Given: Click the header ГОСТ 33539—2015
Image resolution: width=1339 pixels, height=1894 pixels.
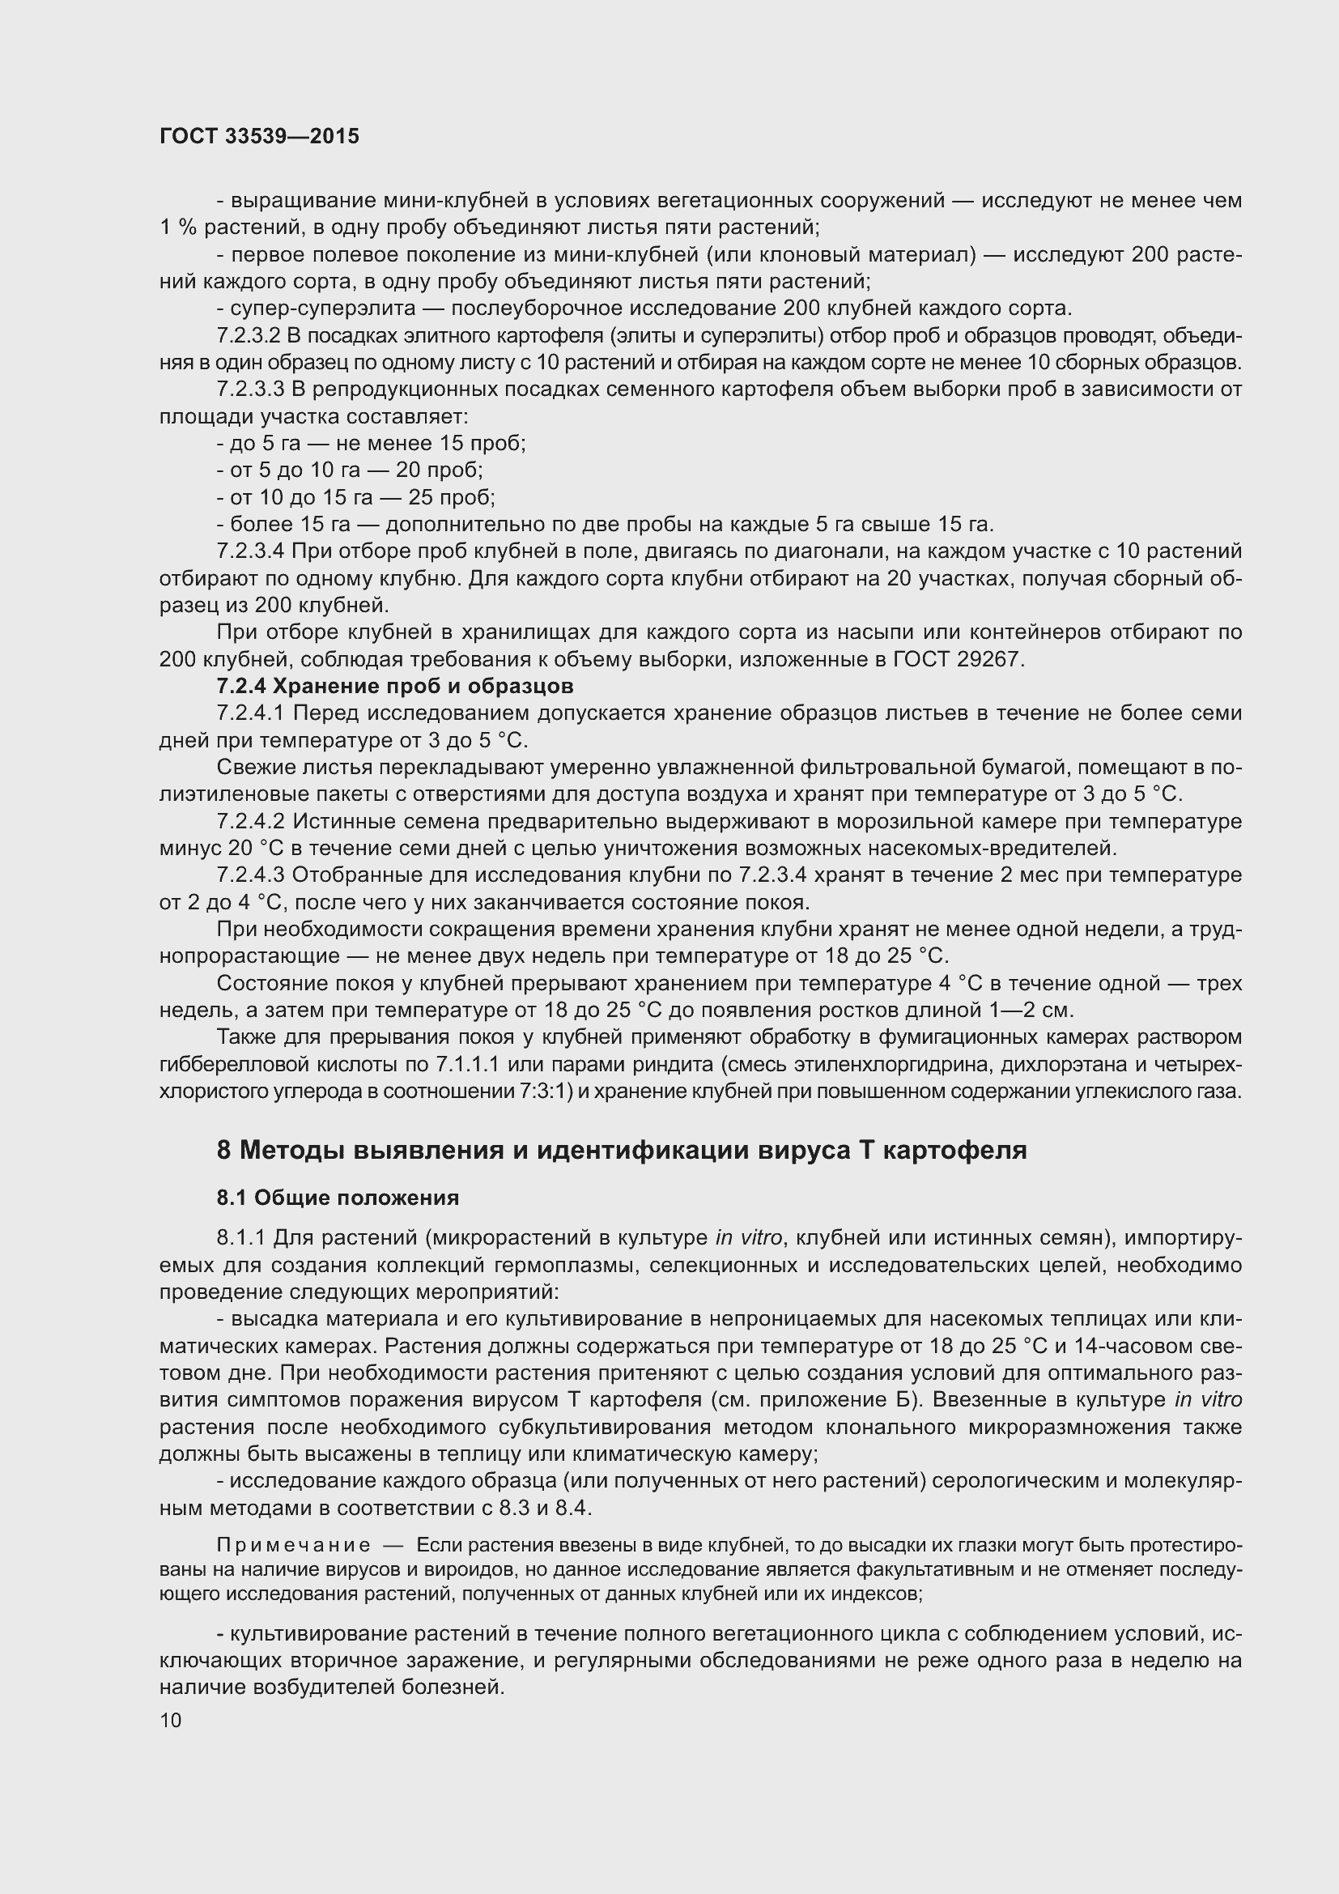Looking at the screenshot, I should click(259, 136).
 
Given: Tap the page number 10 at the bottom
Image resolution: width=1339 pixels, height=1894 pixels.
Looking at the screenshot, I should click(171, 1720).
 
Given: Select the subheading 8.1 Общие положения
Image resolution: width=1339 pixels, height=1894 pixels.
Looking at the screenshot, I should click(338, 1197).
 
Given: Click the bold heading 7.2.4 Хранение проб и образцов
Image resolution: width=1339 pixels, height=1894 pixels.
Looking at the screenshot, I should click(395, 687).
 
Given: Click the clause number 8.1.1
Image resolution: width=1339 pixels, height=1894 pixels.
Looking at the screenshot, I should click(240, 1237).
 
